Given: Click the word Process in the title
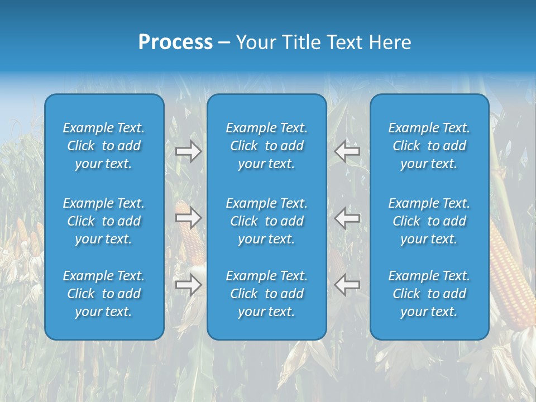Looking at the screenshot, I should pos(175,42).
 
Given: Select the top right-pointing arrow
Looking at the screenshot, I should pos(188,151).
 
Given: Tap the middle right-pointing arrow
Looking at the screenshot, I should pos(188,217).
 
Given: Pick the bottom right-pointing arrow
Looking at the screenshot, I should pos(188,285).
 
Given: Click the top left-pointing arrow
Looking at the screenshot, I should pos(347,151).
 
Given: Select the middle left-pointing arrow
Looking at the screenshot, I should pos(347,217).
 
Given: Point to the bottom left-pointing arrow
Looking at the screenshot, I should pos(347,285).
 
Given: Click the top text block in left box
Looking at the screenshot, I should pos(104,146).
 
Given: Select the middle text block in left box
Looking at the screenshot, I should pos(104,221).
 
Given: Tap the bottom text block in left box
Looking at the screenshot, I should pos(104,294).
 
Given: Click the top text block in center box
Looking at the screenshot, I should pos(266,146).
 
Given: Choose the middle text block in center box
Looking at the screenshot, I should pos(266,221).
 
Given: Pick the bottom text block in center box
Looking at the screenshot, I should pos(266,294).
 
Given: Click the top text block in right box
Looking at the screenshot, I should pos(429,146).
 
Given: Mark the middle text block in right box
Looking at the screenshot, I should pos(429,221).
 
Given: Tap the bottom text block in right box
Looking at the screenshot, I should pos(429,294).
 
